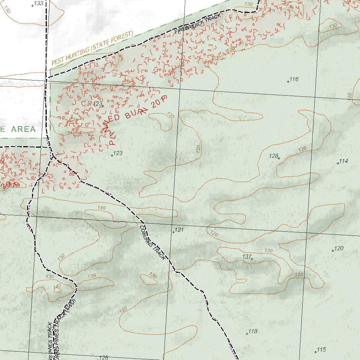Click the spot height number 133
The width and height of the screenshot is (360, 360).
39,4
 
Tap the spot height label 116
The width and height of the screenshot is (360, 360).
294,79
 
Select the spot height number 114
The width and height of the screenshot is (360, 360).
343,161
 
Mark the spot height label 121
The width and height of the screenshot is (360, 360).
179,230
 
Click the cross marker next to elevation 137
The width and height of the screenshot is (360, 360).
252,259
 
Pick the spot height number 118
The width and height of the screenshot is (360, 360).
253,332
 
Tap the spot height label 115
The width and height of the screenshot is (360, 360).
321,350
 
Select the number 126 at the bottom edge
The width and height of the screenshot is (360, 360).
103,358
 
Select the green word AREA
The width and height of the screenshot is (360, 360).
24,129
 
